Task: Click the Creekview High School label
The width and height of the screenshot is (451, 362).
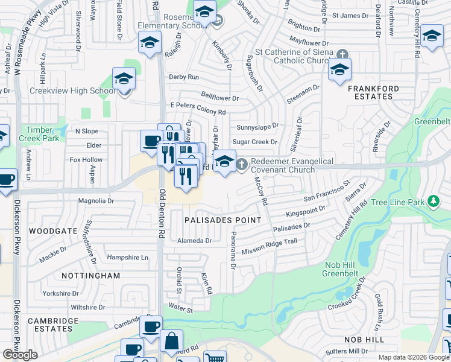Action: (x=72, y=91)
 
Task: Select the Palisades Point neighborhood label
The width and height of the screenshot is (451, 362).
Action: (x=223, y=220)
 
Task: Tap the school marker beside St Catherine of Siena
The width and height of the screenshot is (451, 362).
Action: (x=339, y=70)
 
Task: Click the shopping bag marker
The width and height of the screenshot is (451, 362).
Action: (x=171, y=341)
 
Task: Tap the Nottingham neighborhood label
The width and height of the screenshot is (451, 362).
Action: (x=90, y=275)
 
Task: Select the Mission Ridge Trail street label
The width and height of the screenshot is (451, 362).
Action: (x=270, y=246)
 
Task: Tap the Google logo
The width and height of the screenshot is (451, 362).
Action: (x=20, y=355)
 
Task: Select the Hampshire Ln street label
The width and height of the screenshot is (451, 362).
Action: (x=127, y=258)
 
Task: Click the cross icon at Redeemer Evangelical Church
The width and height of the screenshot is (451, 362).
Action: (x=241, y=163)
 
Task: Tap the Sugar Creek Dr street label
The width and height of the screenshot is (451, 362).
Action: (x=254, y=142)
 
